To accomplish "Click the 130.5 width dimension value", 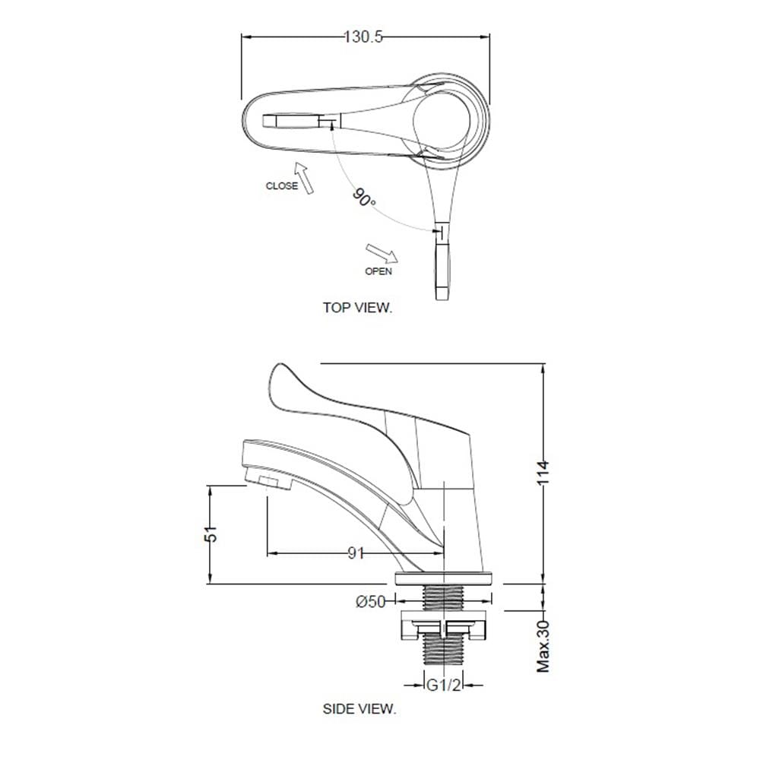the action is tap(363, 37).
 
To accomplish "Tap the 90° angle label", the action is tap(363, 198).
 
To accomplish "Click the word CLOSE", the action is tap(282, 185).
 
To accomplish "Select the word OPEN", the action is tap(378, 271).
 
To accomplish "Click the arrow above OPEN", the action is tap(382, 253).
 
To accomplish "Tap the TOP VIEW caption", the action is tap(358, 307).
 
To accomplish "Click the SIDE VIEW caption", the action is tap(359, 708).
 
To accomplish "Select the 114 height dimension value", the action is tap(543, 473).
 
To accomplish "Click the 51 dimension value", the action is tap(211, 534).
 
